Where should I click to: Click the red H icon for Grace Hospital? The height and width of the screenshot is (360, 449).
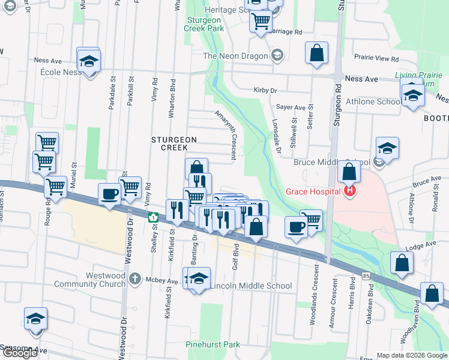coord(350,191)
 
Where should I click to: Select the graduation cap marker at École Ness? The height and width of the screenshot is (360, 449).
coord(89,61)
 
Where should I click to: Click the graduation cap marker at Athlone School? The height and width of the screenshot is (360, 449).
coord(412,95)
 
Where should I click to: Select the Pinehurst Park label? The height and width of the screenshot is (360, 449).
coord(212,344)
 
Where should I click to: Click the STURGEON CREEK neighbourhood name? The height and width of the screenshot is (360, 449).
coord(174,144)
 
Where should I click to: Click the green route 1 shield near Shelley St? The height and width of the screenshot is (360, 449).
coord(152,217)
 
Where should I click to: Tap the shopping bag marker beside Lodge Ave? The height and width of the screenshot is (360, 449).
coord(402,263)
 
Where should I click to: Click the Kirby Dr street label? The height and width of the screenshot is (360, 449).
coord(265,91)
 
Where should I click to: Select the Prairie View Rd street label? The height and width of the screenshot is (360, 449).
coord(377,59)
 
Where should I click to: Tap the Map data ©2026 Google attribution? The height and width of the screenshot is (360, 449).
coord(412,355)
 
